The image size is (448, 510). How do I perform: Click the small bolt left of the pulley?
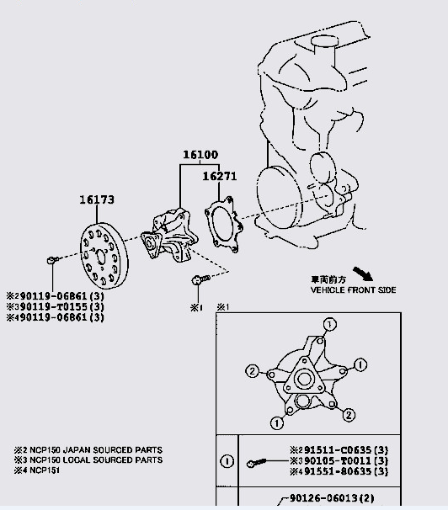51,259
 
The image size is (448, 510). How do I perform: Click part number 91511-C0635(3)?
344,450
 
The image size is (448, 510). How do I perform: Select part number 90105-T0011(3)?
344,461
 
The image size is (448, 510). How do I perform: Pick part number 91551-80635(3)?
344,472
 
